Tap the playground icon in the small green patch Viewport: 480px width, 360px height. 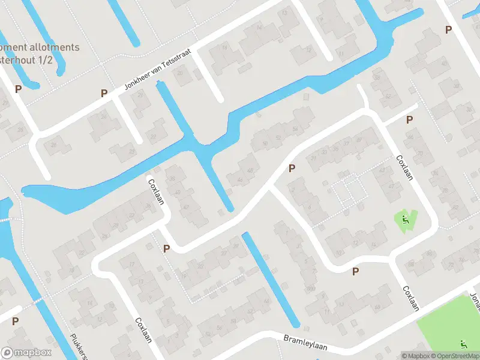406,220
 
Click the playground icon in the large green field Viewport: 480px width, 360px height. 463,344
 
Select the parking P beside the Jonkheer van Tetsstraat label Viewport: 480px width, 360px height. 104,93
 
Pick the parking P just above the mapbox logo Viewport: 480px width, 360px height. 15,321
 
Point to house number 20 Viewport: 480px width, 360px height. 179,74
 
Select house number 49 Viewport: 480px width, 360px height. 359,140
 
